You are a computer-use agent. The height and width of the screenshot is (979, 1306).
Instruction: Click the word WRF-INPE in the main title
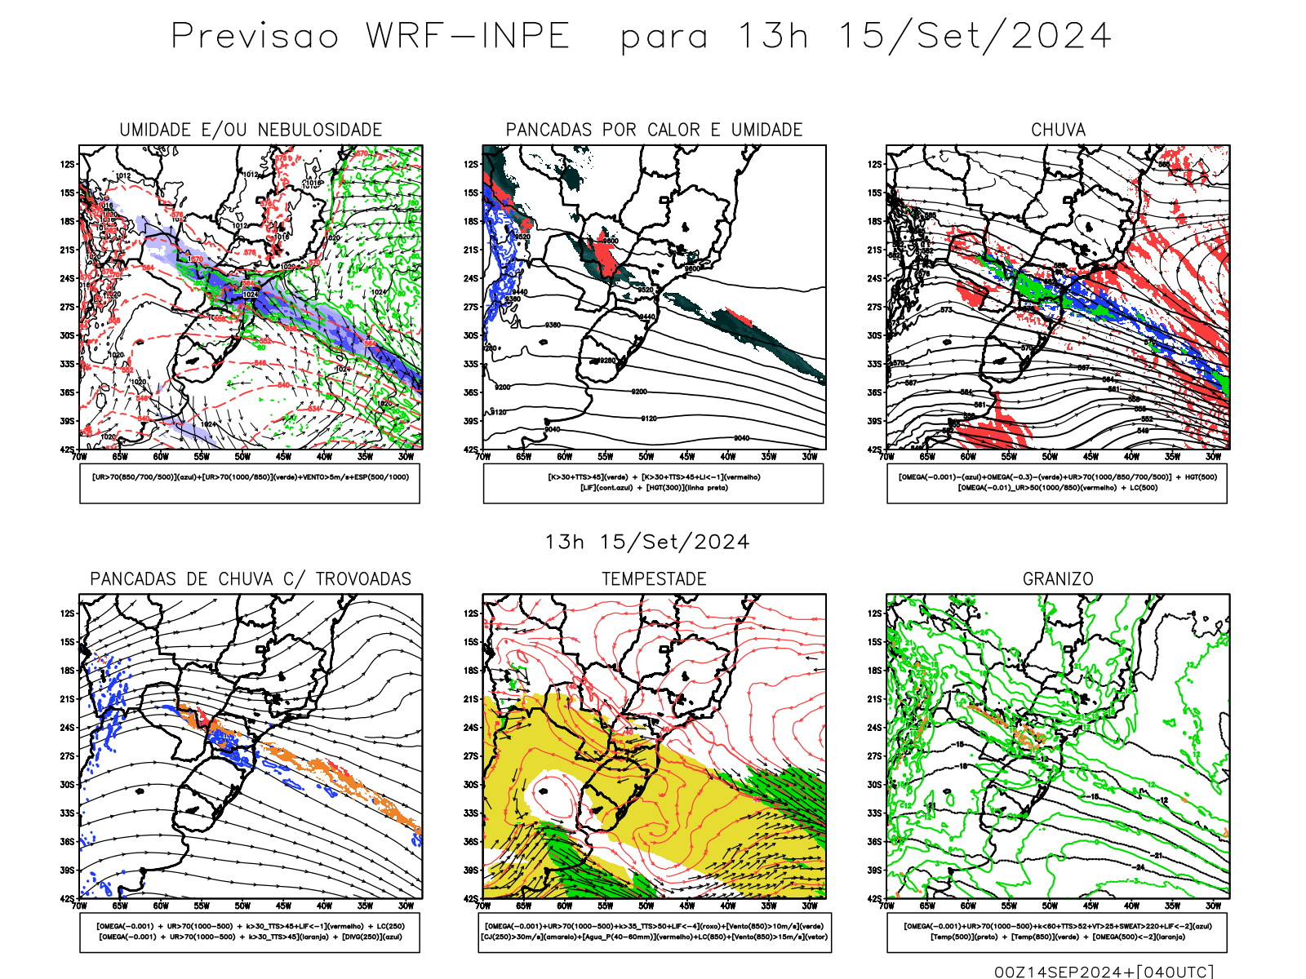pyautogui.click(x=468, y=36)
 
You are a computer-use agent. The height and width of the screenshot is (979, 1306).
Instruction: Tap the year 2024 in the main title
pyautogui.click(x=1061, y=36)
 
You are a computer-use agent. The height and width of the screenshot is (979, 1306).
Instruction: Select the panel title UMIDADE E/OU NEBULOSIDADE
pyautogui.click(x=251, y=130)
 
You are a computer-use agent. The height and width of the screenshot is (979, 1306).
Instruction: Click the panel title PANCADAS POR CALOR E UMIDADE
pyautogui.click(x=654, y=130)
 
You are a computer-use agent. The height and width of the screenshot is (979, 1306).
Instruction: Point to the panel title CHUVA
pyautogui.click(x=1058, y=130)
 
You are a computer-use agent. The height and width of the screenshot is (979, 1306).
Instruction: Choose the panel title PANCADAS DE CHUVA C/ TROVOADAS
pyautogui.click(x=251, y=579)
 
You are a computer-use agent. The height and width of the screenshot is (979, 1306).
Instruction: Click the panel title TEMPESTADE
pyautogui.click(x=654, y=579)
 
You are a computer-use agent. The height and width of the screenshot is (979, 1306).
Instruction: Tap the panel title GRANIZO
pyautogui.click(x=1058, y=579)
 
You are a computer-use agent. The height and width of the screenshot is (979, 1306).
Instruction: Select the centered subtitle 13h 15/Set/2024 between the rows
pyautogui.click(x=647, y=542)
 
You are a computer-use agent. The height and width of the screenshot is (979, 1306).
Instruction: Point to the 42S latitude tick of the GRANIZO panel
pyautogui.click(x=874, y=899)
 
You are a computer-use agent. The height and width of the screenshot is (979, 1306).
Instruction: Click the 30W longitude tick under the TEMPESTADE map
pyautogui.click(x=809, y=906)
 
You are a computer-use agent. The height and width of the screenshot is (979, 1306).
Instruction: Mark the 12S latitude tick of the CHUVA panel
pyautogui.click(x=874, y=164)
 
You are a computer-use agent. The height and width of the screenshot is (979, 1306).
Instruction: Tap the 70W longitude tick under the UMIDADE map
pyautogui.click(x=79, y=457)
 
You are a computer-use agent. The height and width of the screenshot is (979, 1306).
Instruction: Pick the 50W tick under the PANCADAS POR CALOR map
pyautogui.click(x=646, y=457)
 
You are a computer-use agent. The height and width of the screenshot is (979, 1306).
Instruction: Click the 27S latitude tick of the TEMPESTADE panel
pyautogui.click(x=471, y=756)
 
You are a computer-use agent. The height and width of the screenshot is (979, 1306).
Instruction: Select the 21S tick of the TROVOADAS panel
pyautogui.click(x=67, y=699)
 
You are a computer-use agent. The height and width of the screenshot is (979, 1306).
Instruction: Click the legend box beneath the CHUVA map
pyautogui.click(x=1057, y=483)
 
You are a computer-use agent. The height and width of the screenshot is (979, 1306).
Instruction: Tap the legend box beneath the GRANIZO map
pyautogui.click(x=1057, y=932)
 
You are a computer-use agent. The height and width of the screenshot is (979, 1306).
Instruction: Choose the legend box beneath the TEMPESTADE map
pyautogui.click(x=654, y=932)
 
